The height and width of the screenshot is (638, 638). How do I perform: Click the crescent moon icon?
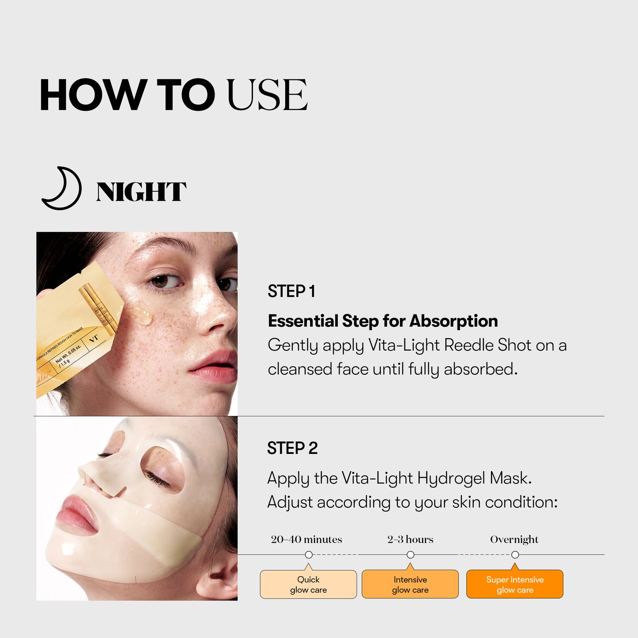62,189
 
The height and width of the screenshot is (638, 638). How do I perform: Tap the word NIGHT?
141,192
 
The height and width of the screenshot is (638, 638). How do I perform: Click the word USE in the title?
267,95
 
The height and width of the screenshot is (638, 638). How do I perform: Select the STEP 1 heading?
291,291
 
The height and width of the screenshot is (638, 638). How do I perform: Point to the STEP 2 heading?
292,448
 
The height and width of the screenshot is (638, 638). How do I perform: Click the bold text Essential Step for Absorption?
382,321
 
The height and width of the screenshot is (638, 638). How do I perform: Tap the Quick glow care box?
308,584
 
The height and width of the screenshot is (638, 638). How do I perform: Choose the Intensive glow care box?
410,584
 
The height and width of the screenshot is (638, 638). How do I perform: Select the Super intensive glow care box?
514,584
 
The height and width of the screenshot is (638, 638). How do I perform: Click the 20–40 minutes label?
306,540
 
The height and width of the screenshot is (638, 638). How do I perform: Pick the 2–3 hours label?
410,540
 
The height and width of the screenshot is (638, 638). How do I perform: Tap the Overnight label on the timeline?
514,540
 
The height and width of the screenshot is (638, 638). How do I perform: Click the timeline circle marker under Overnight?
515,555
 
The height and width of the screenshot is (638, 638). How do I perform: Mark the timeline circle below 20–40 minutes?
309,555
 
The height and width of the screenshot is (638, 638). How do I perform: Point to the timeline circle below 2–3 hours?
410,555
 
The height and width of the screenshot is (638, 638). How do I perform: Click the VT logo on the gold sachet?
94,339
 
